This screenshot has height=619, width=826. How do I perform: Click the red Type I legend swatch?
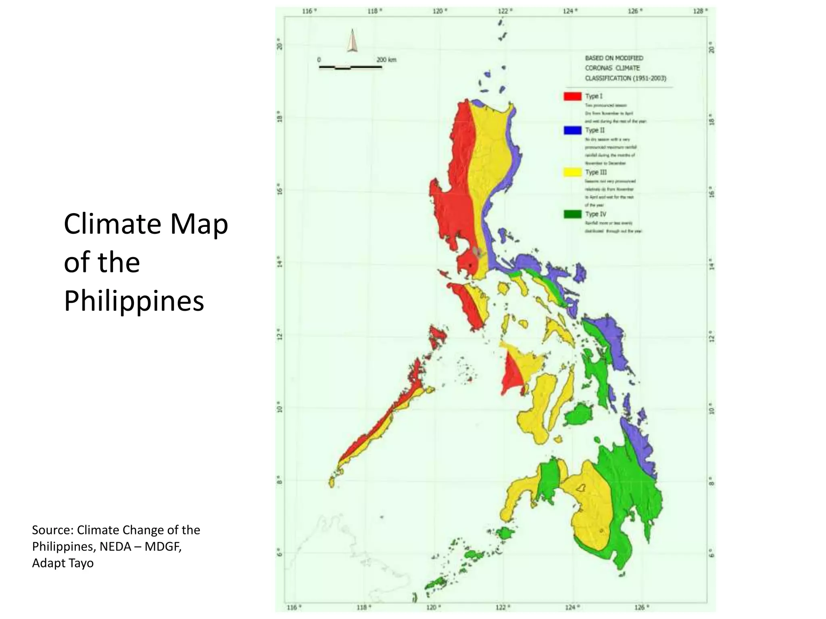point(572,96)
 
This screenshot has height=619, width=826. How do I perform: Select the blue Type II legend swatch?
point(572,130)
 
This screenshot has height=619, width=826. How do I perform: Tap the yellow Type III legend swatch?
point(572,172)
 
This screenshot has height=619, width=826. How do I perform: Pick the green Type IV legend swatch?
point(572,214)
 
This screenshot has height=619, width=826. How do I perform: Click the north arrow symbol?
point(352,41)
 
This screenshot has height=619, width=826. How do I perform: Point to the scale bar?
point(350,67)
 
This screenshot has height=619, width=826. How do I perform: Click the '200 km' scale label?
point(386,60)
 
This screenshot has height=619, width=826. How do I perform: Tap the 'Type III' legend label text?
point(596,172)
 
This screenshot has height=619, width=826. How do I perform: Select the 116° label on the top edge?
point(309,11)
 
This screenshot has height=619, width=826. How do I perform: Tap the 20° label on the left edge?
point(280,46)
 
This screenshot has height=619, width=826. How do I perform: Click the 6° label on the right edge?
point(711,555)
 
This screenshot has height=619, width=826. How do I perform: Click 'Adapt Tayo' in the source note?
point(63,563)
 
